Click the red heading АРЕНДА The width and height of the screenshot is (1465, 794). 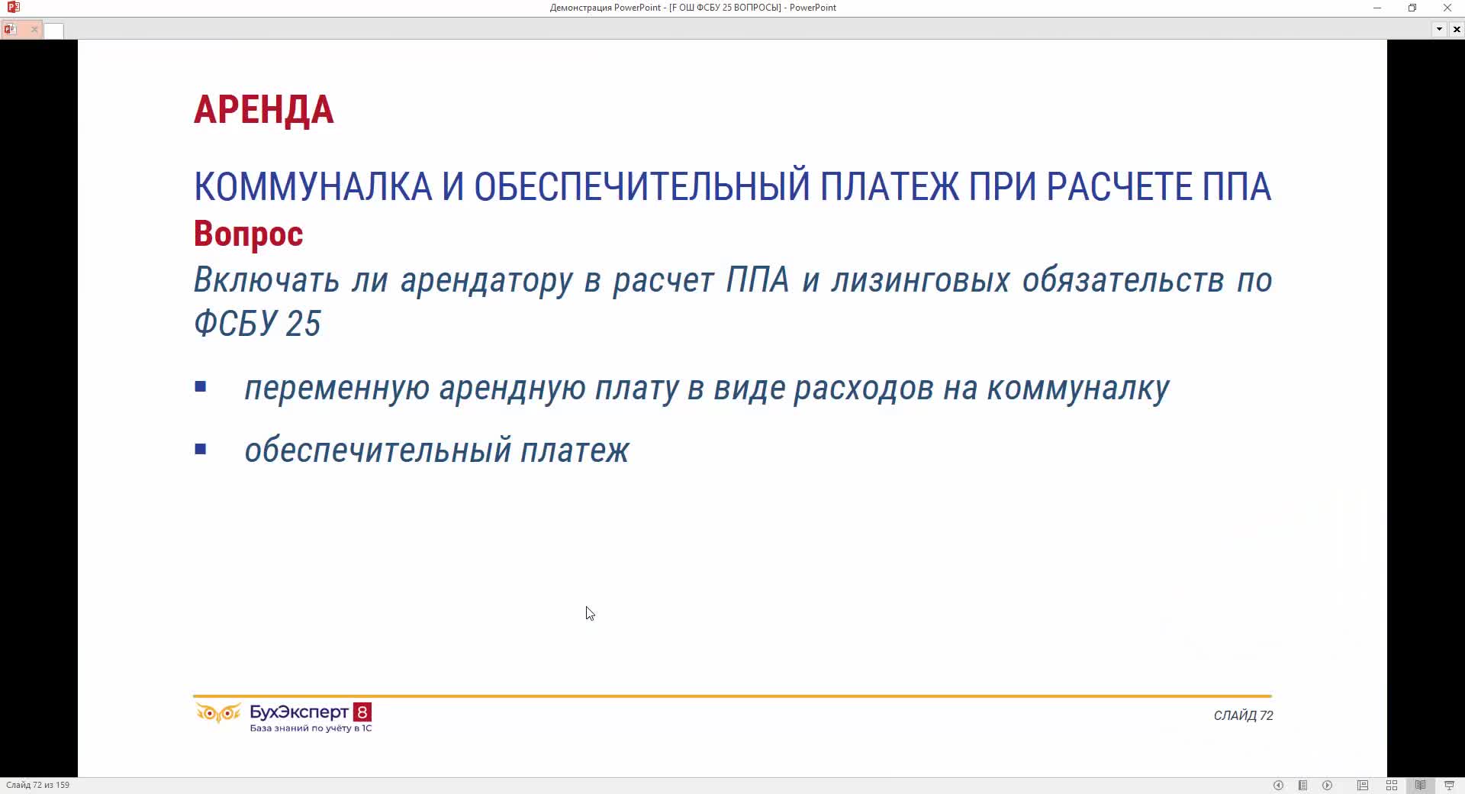263,110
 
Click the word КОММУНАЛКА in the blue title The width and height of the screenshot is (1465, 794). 313,187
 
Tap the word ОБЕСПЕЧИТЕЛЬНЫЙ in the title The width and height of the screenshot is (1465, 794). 642,187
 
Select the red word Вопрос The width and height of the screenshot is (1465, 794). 248,234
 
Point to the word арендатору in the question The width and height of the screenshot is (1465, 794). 486,280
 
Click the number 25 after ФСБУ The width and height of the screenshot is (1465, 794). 303,324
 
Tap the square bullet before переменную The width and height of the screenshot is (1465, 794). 201,387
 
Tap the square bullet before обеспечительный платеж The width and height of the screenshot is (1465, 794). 201,450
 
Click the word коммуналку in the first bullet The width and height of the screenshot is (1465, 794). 1078,389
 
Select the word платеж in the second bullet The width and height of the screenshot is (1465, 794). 575,450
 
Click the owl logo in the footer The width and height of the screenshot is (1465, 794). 218,713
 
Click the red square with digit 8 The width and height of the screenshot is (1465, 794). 362,712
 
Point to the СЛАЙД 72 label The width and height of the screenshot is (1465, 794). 1243,715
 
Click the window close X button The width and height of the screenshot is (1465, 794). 1447,8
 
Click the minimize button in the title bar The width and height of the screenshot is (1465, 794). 1377,8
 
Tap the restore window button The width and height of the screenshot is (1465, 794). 1412,8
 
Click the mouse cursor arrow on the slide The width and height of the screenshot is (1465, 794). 590,614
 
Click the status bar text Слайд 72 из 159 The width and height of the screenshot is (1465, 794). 37,785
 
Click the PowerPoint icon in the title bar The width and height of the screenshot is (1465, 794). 13,8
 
